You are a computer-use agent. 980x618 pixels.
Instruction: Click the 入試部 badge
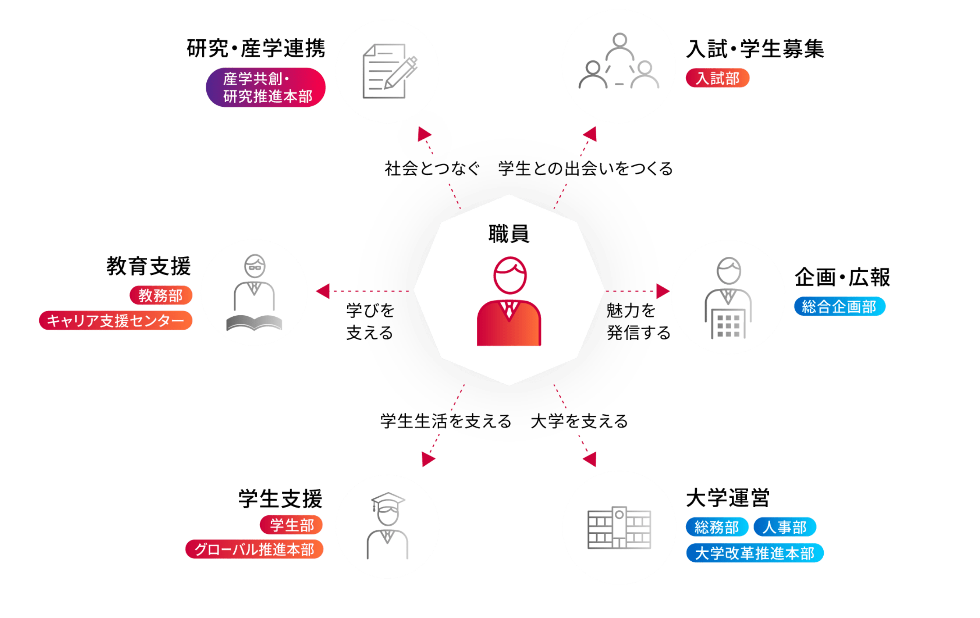click(717, 78)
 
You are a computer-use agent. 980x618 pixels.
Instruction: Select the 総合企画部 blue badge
click(839, 306)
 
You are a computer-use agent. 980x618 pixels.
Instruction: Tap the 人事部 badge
click(784, 527)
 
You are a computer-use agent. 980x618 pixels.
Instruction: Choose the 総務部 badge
click(717, 527)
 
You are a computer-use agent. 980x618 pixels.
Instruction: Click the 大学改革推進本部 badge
click(754, 553)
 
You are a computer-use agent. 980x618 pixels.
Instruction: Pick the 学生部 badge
click(291, 525)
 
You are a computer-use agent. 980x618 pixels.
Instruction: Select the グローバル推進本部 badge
click(254, 549)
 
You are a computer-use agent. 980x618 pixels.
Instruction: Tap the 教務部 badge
click(160, 295)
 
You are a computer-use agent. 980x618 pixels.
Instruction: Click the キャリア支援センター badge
click(116, 321)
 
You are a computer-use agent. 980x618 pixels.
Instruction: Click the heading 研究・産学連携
click(256, 49)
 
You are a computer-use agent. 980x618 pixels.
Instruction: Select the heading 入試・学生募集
click(755, 49)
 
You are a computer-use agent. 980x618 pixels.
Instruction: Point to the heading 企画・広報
click(842, 277)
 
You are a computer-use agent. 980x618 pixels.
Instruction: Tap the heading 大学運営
click(727, 498)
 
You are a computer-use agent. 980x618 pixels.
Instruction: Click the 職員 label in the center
click(509, 234)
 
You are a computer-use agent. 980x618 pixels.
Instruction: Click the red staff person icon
click(509, 302)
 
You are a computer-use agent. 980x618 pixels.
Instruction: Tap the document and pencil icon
click(389, 72)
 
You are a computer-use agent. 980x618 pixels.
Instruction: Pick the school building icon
click(619, 527)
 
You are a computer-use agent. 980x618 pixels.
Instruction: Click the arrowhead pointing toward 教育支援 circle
click(324, 291)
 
